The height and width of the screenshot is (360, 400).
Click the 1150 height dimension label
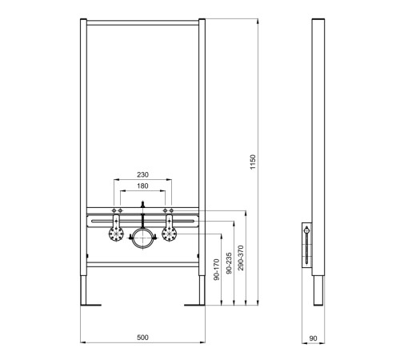[253, 162]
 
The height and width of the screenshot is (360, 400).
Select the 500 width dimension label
[142, 338]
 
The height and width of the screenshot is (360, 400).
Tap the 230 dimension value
[142, 174]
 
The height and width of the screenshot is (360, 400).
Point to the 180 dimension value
[142, 186]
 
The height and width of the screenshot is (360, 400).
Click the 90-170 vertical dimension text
[217, 270]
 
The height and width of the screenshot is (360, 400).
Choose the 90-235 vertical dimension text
[229, 263]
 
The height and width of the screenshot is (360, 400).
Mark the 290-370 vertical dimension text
[241, 258]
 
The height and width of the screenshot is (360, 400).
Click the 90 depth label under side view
[313, 338]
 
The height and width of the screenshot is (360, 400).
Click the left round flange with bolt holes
[116, 234]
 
